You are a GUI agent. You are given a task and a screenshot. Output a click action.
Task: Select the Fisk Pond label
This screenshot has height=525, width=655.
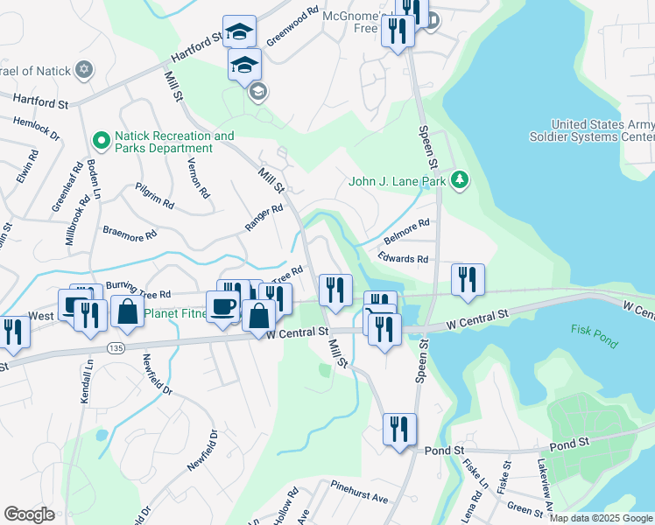click(595, 336)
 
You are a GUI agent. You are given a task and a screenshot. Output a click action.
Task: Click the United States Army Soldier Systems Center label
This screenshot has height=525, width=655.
click(591, 131)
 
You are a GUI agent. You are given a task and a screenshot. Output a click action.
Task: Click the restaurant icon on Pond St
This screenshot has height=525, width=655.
click(399, 430)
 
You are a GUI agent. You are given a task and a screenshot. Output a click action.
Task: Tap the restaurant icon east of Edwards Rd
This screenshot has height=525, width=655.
click(468, 280)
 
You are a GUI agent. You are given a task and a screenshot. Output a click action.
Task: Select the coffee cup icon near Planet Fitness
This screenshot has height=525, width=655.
click(222, 307)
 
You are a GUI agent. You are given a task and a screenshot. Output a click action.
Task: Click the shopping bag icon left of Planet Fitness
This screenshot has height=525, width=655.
click(127, 312)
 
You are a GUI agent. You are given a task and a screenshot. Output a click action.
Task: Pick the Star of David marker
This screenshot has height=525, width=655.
click(84, 70)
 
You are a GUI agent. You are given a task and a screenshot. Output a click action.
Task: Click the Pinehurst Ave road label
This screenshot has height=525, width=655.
click(358, 491)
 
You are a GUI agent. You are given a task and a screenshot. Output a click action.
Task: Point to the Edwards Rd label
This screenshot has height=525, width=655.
click(403, 259)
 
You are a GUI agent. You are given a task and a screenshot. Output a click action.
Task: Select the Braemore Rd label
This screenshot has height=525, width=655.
click(129, 234)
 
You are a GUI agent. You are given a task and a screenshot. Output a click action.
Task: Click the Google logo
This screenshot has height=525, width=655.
click(30, 514)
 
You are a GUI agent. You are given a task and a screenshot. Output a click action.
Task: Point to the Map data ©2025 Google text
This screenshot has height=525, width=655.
click(601, 518)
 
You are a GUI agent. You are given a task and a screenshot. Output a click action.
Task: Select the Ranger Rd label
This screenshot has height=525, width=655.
click(264, 217)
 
